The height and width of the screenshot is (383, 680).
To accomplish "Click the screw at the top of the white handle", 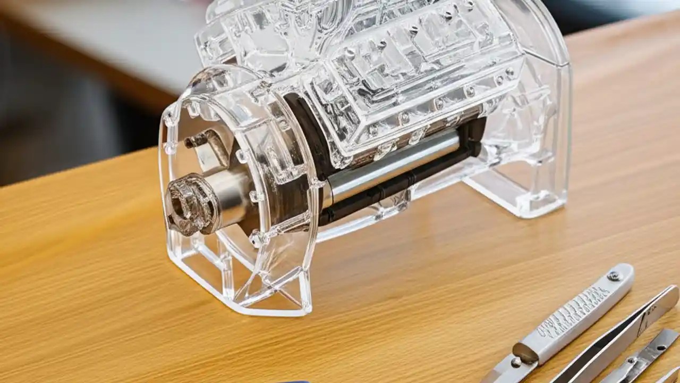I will coord(615,276).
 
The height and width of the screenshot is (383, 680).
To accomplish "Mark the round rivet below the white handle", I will coord(515,362).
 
